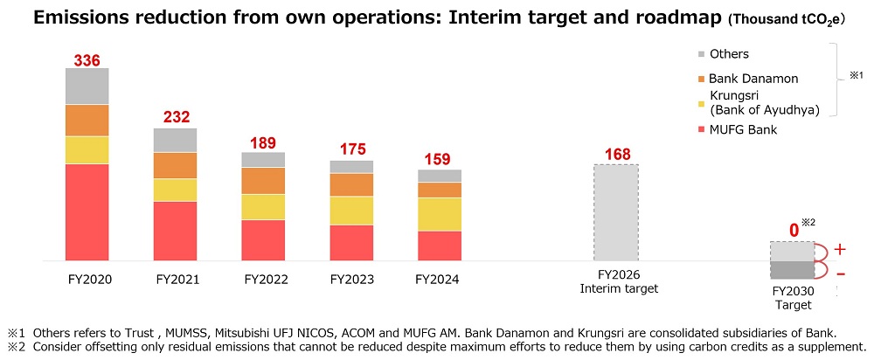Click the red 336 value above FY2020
(87, 60)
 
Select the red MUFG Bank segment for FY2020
(87, 212)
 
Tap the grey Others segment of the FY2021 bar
(176, 140)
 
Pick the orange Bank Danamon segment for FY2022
(264, 181)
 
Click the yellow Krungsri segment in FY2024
(440, 214)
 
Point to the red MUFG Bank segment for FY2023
(351, 243)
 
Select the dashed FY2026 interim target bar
(615, 212)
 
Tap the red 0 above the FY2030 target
(794, 231)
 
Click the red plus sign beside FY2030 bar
(840, 249)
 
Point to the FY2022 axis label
(264, 280)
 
